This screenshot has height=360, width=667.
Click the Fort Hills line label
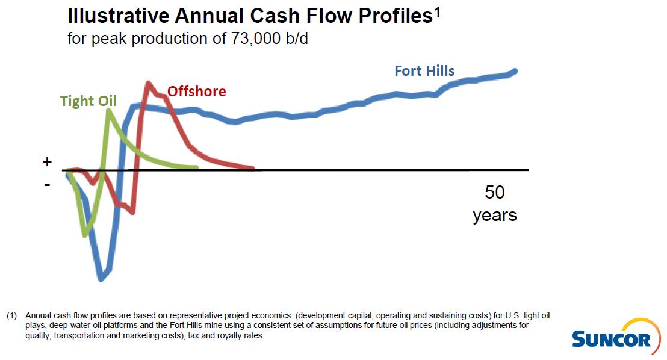click(x=424, y=71)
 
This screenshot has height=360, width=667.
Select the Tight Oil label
click(x=88, y=101)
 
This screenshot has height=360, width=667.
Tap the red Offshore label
click(x=197, y=92)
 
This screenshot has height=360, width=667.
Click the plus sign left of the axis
click(x=48, y=162)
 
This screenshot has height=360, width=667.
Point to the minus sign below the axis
click(x=48, y=184)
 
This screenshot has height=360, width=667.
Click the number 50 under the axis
click(x=495, y=193)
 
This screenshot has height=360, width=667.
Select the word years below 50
click(x=495, y=215)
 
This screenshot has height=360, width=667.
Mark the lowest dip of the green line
click(x=86, y=234)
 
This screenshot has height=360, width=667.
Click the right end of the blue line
click(x=515, y=71)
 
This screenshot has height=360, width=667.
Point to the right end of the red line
click(x=253, y=168)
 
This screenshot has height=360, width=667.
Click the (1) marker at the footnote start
click(x=12, y=315)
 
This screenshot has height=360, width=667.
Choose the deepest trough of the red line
click(x=132, y=211)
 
